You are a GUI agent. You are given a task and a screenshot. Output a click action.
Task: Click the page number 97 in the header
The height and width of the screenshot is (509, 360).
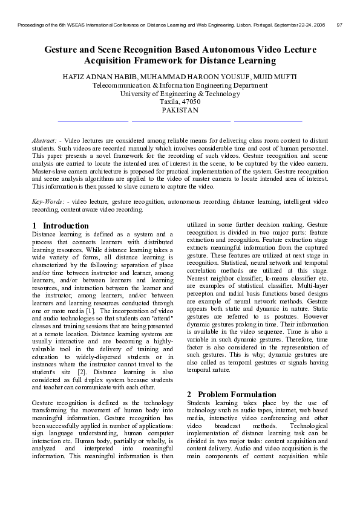[x=339, y=25]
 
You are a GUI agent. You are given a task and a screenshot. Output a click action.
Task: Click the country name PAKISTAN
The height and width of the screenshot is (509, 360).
[x=180, y=111]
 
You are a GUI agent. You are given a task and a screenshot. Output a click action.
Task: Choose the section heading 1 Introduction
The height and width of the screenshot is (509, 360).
[x=61, y=225]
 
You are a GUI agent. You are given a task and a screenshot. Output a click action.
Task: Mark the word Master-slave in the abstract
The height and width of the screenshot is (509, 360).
[x=50, y=172]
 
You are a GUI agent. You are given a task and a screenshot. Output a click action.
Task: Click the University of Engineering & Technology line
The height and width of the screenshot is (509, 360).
[x=180, y=94]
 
